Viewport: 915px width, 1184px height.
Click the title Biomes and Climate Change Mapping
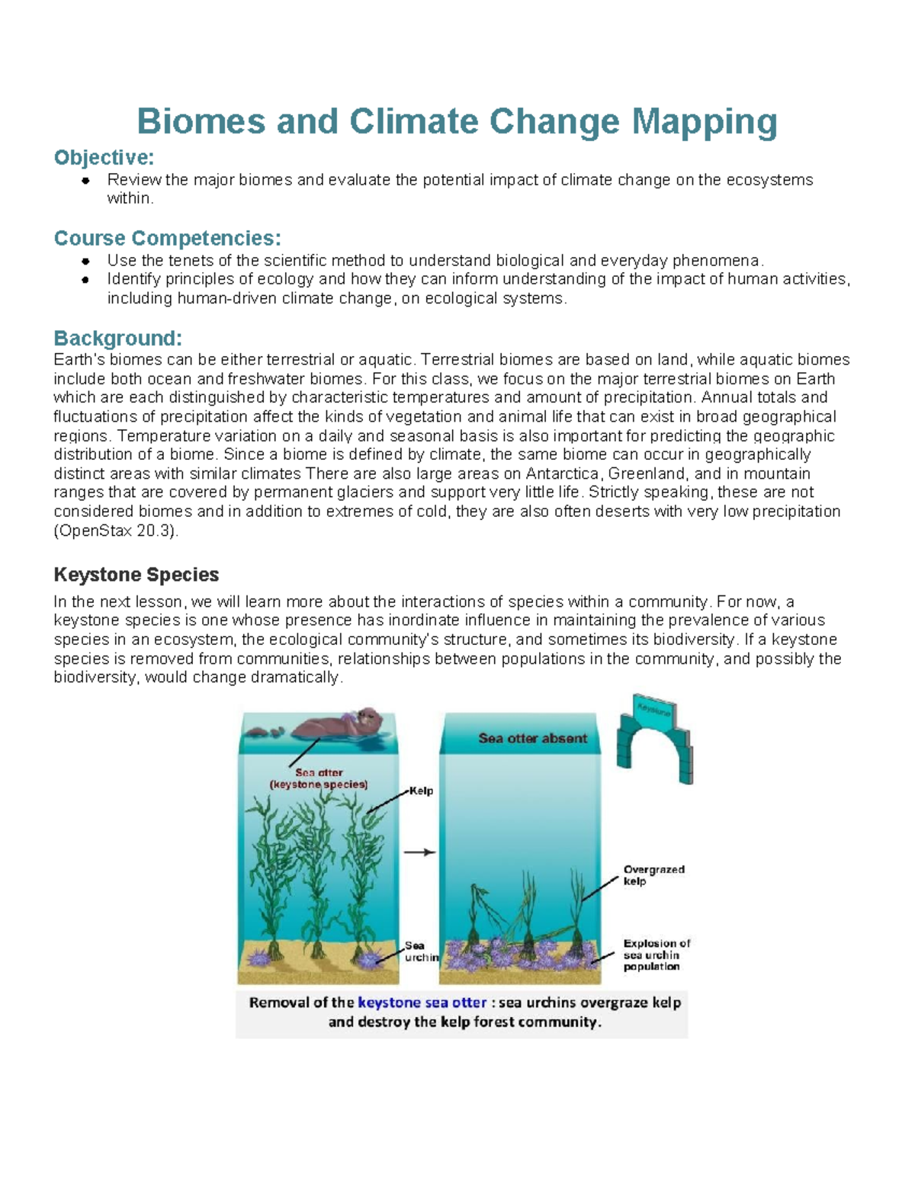[457, 121]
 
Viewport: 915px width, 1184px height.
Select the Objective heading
[104, 158]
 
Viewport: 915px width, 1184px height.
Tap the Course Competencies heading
[168, 238]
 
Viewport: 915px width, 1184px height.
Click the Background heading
[118, 338]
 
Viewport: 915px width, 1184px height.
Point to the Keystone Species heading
[136, 574]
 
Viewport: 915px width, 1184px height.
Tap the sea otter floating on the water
[335, 724]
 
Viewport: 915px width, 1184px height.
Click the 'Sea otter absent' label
[532, 738]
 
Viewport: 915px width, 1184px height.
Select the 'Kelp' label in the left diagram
[421, 791]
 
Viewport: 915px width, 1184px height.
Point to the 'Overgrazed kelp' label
[653, 875]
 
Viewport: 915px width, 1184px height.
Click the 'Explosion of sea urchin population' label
[656, 955]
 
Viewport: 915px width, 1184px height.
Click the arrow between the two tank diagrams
[419, 852]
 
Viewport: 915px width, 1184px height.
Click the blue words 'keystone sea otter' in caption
[422, 1003]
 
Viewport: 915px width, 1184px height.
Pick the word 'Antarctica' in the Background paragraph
[565, 473]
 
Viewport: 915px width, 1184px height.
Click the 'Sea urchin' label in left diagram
[420, 951]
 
